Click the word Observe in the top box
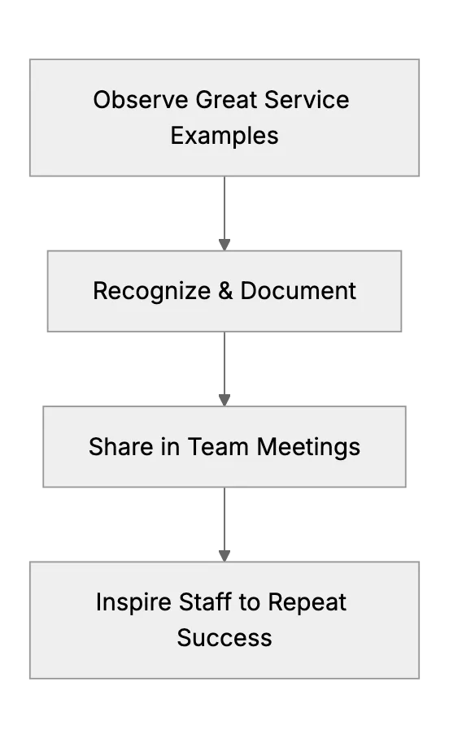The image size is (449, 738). pyautogui.click(x=141, y=100)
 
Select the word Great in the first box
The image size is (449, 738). pyautogui.click(x=226, y=100)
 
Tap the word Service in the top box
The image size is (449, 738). pyautogui.click(x=307, y=100)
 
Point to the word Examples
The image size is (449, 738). pyautogui.click(x=224, y=136)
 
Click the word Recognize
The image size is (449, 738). pyautogui.click(x=152, y=291)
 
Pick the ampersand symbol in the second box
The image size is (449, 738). pyautogui.click(x=225, y=290)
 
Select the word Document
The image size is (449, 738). pyautogui.click(x=299, y=290)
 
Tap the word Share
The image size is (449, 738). pyautogui.click(x=121, y=446)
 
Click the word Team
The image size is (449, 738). pyautogui.click(x=218, y=446)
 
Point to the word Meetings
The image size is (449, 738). pyautogui.click(x=308, y=447)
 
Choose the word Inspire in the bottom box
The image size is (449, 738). pyautogui.click(x=133, y=602)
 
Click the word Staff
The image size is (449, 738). pyautogui.click(x=206, y=601)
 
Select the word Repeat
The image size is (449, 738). pyautogui.click(x=307, y=602)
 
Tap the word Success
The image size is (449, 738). pyautogui.click(x=224, y=638)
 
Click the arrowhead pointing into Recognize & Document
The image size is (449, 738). pyautogui.click(x=224, y=245)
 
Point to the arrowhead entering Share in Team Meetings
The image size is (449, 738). pyautogui.click(x=224, y=400)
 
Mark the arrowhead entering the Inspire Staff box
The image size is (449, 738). pyautogui.click(x=224, y=556)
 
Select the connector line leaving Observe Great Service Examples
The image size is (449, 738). pyautogui.click(x=224, y=208)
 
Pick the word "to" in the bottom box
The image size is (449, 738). pyautogui.click(x=250, y=602)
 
